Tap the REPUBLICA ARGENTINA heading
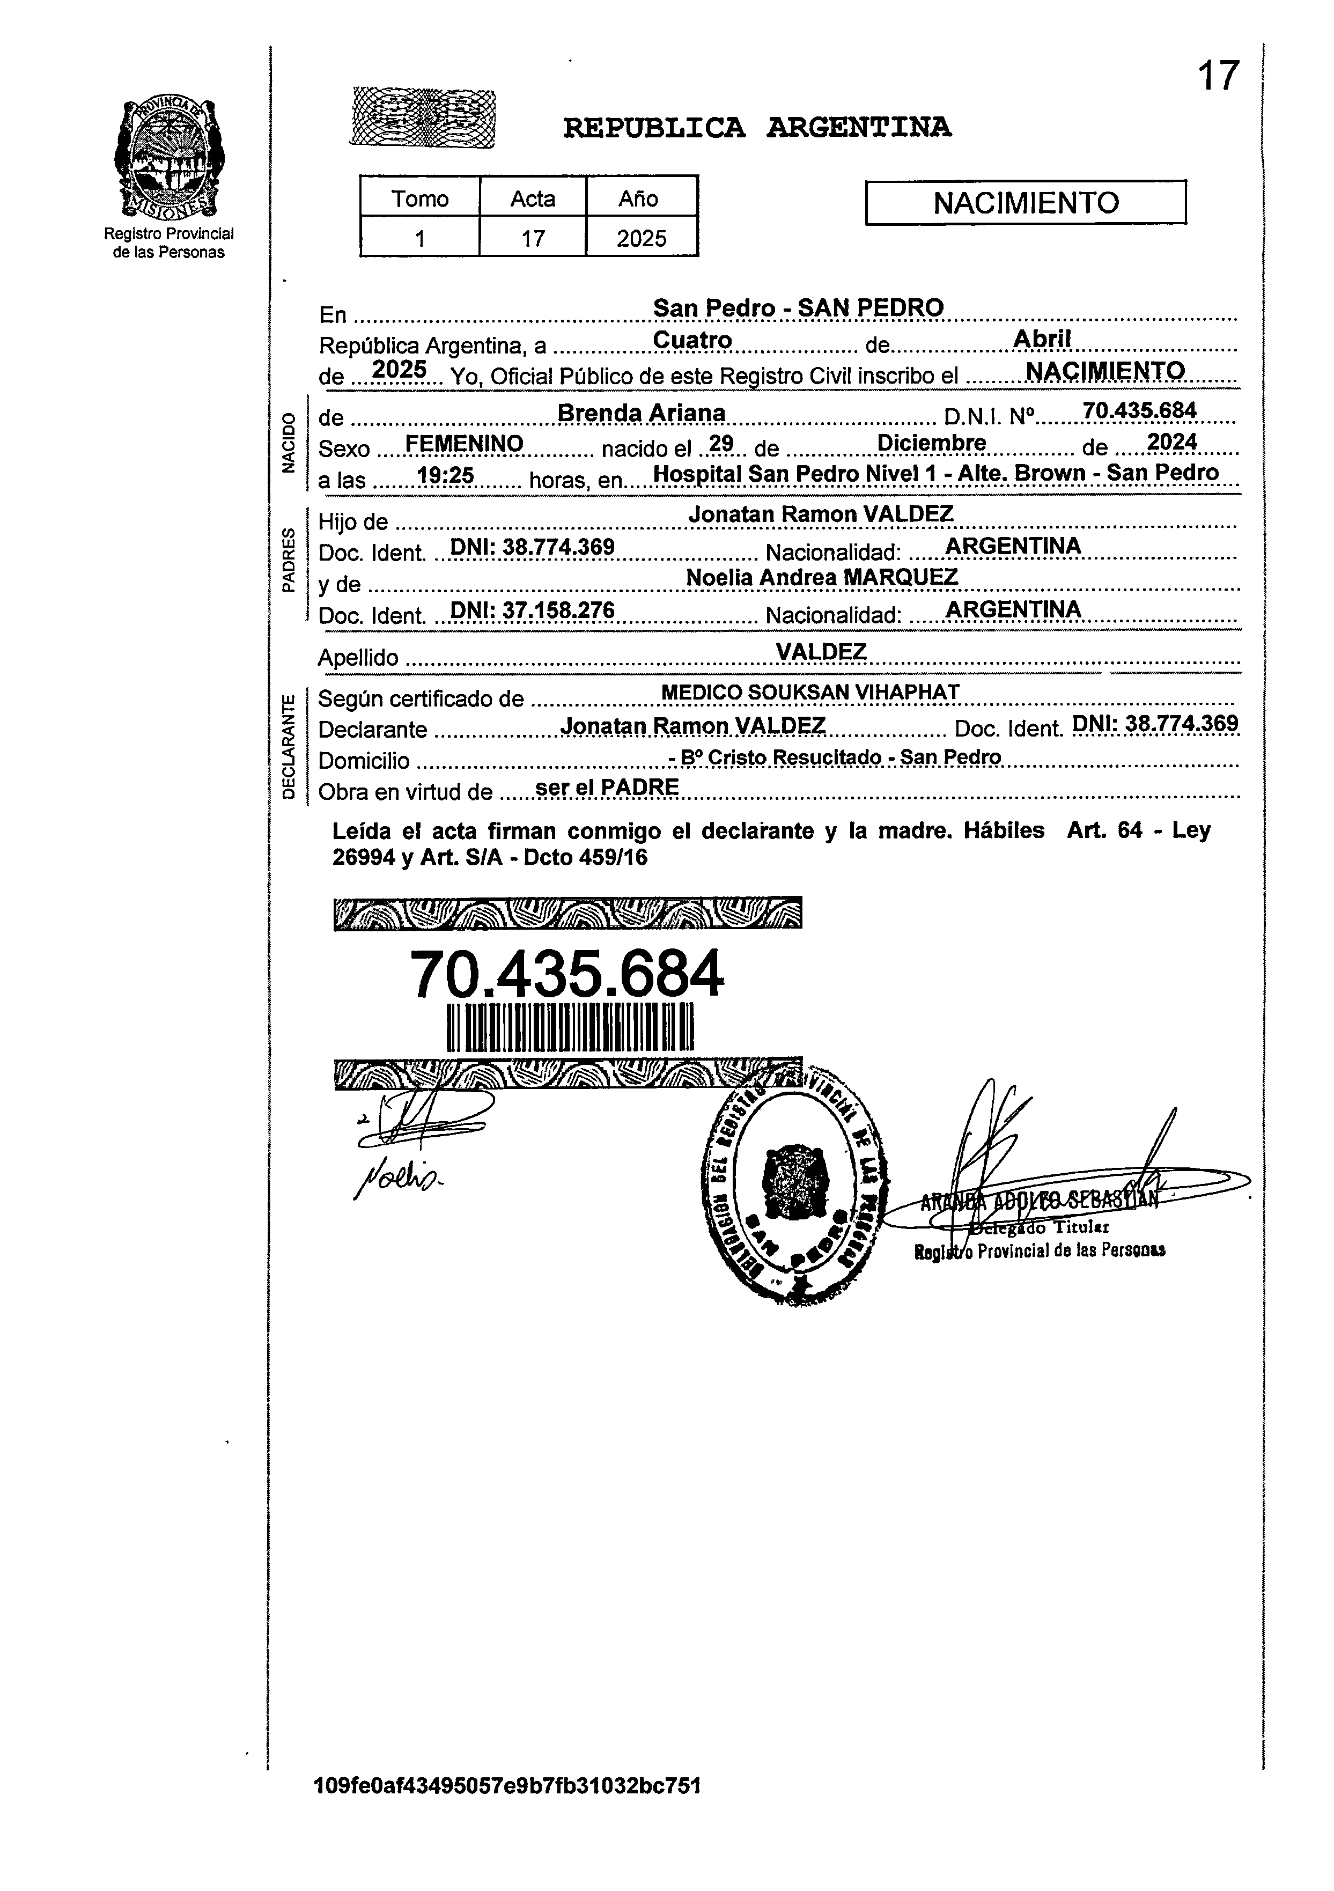757,128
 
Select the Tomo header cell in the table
420,198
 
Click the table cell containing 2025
642,239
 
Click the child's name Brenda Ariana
642,413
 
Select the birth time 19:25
446,475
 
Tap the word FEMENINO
465,444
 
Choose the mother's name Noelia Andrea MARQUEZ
822,577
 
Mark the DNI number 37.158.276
533,610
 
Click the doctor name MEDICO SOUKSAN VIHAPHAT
810,692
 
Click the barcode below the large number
570,1027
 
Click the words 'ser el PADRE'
607,788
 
